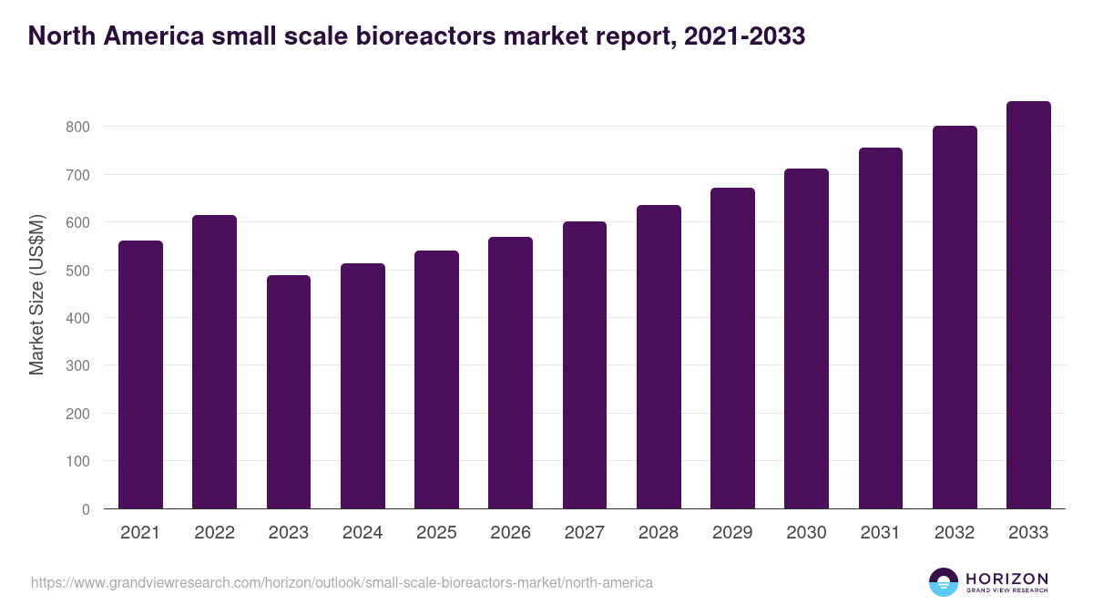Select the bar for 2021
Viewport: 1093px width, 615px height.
click(x=140, y=374)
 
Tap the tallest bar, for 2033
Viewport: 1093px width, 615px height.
click(x=1028, y=305)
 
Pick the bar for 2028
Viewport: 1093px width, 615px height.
click(x=659, y=357)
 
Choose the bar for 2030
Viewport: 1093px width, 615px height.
click(x=806, y=339)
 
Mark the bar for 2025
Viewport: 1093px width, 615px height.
click(x=436, y=380)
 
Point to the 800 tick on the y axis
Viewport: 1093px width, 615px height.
click(x=77, y=127)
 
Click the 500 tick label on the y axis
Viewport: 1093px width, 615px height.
click(x=77, y=271)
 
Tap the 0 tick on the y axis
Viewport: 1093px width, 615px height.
click(x=86, y=509)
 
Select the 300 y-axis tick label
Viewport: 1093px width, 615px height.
click(x=77, y=366)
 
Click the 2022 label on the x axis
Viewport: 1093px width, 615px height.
click(x=214, y=533)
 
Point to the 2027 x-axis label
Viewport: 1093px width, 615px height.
click(x=584, y=533)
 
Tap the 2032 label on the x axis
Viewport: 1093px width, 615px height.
click(x=954, y=533)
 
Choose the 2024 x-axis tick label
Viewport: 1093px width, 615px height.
click(x=363, y=533)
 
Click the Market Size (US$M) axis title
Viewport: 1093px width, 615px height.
click(x=36, y=294)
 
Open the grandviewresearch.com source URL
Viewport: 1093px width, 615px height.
click(x=342, y=582)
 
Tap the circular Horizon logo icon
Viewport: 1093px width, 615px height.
click(x=944, y=582)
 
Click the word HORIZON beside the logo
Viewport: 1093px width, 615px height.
click(x=1006, y=579)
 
